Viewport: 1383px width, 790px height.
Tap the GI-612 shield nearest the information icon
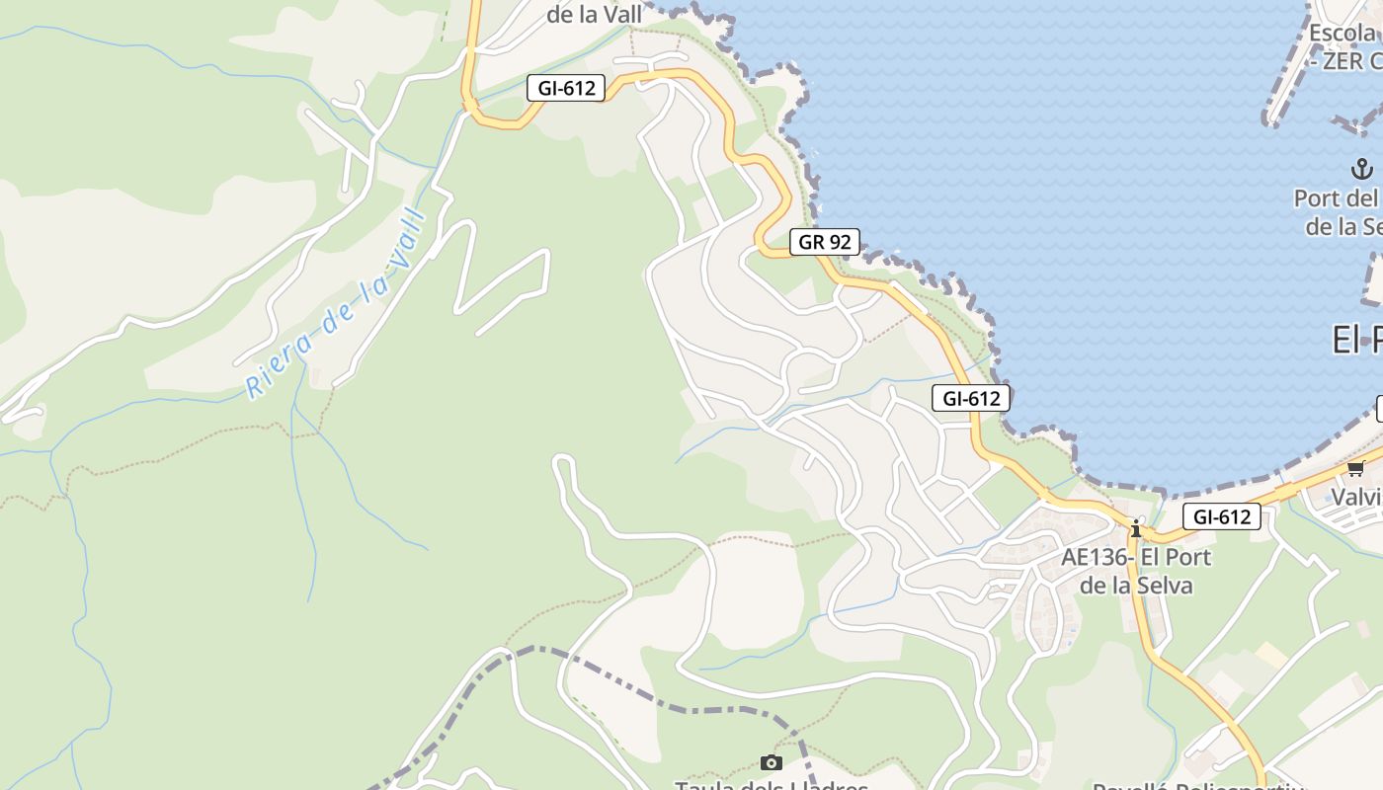tap(1222, 516)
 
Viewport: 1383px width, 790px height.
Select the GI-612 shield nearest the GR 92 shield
tap(971, 399)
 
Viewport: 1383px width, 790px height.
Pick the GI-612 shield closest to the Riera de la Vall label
tap(566, 88)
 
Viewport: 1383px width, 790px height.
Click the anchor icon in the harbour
tap(1362, 168)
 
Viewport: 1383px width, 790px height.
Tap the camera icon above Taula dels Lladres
tap(772, 762)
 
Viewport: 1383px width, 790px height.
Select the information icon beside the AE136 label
tap(1136, 529)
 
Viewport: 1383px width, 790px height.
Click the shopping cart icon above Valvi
tap(1355, 468)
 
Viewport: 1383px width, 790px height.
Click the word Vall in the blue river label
tap(404, 236)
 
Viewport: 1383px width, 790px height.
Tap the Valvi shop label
tap(1356, 496)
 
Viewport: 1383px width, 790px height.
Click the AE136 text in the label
tap(1095, 557)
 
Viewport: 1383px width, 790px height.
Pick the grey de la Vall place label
tap(595, 15)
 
